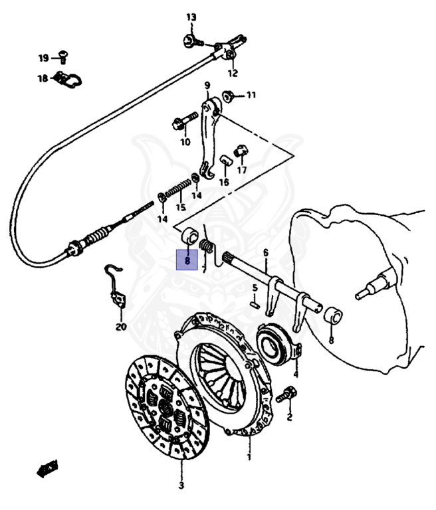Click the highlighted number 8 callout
(187, 261)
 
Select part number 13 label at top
(191, 17)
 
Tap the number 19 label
(43, 58)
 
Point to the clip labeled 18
(67, 80)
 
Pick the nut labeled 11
(228, 96)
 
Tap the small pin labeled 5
(255, 305)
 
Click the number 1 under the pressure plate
(249, 458)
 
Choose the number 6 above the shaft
(265, 252)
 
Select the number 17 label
(241, 170)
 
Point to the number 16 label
(223, 182)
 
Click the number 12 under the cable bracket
(233, 72)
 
